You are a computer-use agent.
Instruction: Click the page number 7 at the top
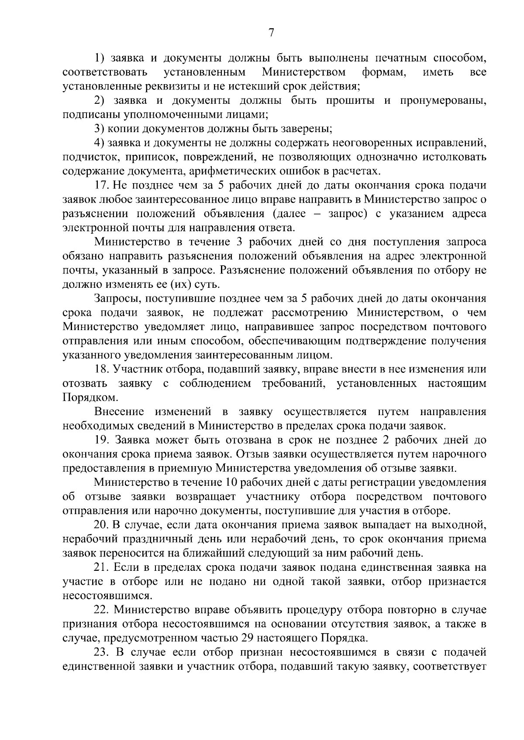[x=271, y=33]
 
